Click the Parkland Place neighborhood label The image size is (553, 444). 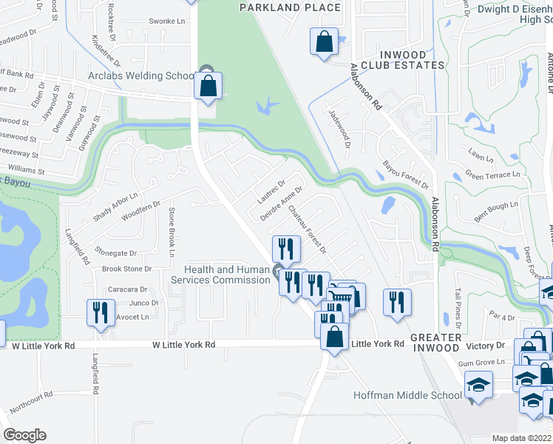coord(291,8)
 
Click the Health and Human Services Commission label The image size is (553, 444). coord(220,275)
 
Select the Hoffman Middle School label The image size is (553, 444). coord(418,395)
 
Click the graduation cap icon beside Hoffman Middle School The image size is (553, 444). coord(478,385)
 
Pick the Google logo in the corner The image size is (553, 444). coord(24,435)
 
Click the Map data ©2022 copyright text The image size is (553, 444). coord(522,438)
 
